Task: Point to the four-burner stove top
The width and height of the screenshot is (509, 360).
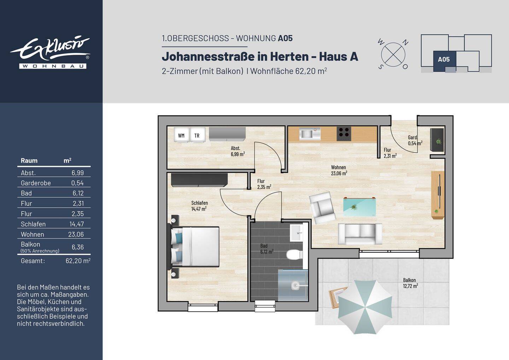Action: click(343, 132)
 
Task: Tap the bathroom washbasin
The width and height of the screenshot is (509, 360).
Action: click(296, 232)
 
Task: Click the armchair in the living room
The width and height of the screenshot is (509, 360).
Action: click(322, 208)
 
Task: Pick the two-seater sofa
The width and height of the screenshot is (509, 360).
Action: click(360, 234)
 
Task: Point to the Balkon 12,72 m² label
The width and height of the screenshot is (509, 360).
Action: click(410, 283)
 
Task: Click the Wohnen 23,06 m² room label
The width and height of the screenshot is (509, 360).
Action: click(339, 170)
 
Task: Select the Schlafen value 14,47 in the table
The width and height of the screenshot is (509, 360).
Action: click(76, 224)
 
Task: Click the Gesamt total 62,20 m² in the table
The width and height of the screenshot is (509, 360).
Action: click(78, 261)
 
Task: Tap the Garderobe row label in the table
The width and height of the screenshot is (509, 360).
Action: click(36, 183)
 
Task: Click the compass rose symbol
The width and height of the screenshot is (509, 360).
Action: click(393, 55)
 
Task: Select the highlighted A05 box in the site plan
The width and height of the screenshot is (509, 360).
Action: click(444, 59)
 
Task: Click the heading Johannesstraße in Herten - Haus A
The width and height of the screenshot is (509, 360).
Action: click(260, 57)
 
